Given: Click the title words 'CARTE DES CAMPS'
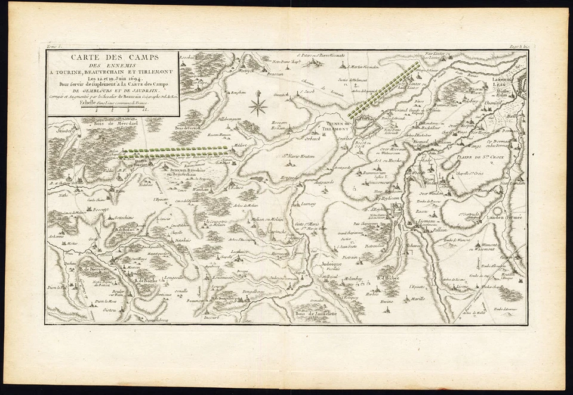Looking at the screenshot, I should click(112, 58).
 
